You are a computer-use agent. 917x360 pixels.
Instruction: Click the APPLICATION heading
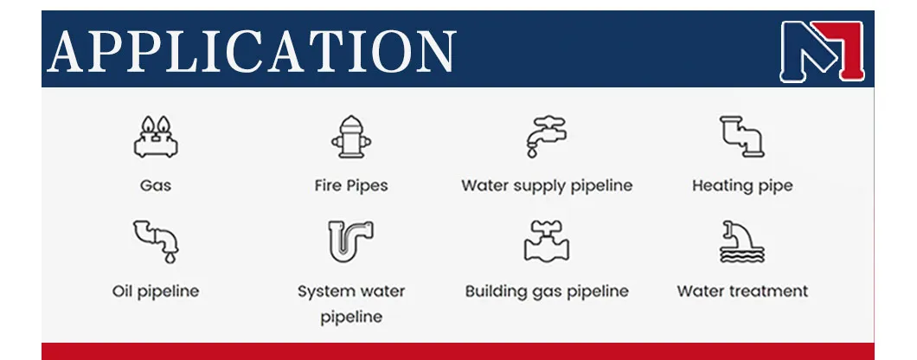251,49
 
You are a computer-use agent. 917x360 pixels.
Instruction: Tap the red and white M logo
822,50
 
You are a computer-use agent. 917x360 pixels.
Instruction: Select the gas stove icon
156,137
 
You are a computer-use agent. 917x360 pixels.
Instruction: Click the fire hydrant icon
350,137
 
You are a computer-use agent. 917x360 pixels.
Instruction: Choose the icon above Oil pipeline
156,241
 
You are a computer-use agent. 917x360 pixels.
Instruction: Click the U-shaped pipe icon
350,241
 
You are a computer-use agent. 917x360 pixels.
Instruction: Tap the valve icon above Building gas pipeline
547,241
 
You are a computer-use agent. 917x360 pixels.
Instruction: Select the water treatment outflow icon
742,241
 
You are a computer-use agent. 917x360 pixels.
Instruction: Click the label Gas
156,185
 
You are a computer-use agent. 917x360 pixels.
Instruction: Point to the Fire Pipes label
350,185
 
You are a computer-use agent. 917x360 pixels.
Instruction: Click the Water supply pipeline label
547,185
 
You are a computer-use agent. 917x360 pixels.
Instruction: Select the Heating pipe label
742,185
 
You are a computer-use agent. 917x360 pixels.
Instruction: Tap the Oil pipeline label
156,291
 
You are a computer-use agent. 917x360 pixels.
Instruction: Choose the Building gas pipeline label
547,291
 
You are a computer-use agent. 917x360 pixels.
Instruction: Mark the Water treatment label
742,291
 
